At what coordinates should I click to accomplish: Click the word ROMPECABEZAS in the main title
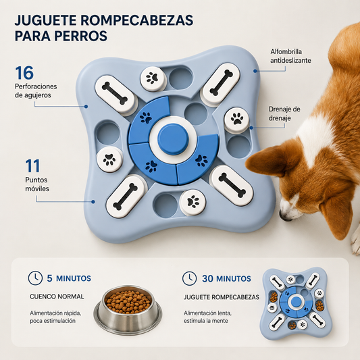137,20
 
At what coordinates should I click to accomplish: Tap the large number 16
24,73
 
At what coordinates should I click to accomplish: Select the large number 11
32,165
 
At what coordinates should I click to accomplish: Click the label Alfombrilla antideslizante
290,56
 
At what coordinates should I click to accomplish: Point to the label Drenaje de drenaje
284,113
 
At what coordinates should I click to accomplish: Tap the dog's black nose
284,215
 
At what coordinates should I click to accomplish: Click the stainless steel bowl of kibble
128,309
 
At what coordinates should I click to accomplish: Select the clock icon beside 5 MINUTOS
35,278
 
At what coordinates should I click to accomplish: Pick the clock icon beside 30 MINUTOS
189,278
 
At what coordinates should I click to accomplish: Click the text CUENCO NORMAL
57,297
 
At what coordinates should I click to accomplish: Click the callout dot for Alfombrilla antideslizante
255,71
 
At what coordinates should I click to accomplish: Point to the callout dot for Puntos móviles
93,201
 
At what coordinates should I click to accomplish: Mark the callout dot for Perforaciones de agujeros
86,106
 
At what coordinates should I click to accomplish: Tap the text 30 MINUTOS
226,278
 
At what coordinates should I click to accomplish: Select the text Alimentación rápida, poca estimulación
55,317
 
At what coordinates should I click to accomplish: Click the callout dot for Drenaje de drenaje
251,128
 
